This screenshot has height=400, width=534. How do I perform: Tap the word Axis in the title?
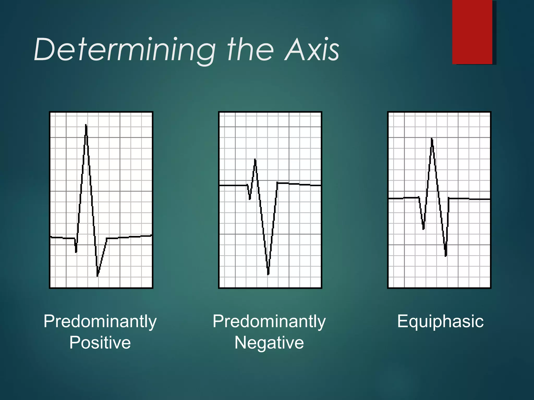(x=312, y=49)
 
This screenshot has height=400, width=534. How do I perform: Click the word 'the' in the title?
(x=250, y=49)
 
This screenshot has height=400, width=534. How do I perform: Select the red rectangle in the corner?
(x=472, y=32)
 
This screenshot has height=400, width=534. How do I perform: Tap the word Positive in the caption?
(x=100, y=342)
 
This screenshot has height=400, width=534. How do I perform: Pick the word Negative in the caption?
(x=269, y=342)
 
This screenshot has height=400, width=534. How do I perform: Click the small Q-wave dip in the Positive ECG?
(x=76, y=251)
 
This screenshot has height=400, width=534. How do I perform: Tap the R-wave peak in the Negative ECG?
(x=255, y=160)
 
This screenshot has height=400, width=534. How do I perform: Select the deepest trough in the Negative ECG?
(x=268, y=273)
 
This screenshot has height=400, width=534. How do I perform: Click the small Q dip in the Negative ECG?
(x=250, y=198)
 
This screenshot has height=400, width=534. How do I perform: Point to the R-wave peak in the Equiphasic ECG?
(x=432, y=140)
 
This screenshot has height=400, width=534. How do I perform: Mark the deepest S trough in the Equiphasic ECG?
(x=446, y=255)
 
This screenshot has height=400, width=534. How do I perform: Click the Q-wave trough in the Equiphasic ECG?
(x=423, y=228)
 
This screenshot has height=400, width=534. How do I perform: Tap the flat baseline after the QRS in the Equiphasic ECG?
(x=469, y=199)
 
